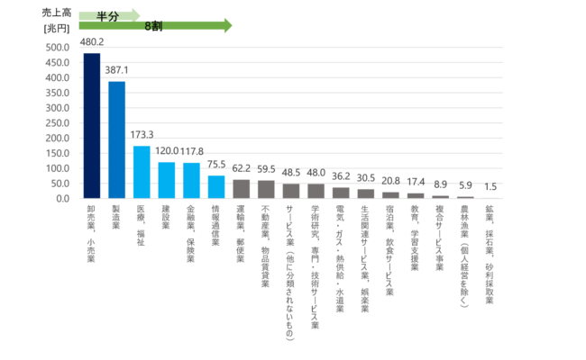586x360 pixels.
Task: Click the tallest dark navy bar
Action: [x=92, y=125]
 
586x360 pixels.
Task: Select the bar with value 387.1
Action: [x=117, y=139]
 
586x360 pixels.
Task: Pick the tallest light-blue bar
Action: [x=142, y=171]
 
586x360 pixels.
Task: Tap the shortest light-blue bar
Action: [x=216, y=186]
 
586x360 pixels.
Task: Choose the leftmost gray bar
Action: [x=241, y=188]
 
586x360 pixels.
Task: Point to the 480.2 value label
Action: [x=92, y=42]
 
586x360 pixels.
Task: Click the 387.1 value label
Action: [x=117, y=69]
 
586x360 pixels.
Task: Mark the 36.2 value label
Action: [x=341, y=176]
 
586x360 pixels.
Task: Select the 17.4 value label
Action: [x=416, y=182]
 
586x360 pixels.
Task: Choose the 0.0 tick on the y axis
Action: [x=62, y=198]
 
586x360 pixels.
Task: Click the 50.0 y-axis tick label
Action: [x=59, y=183]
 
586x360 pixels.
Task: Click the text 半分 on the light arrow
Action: [x=108, y=15]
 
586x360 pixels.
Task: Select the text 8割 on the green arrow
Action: [x=153, y=26]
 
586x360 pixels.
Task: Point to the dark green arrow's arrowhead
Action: [x=227, y=26]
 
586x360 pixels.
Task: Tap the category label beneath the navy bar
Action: [x=92, y=229]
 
